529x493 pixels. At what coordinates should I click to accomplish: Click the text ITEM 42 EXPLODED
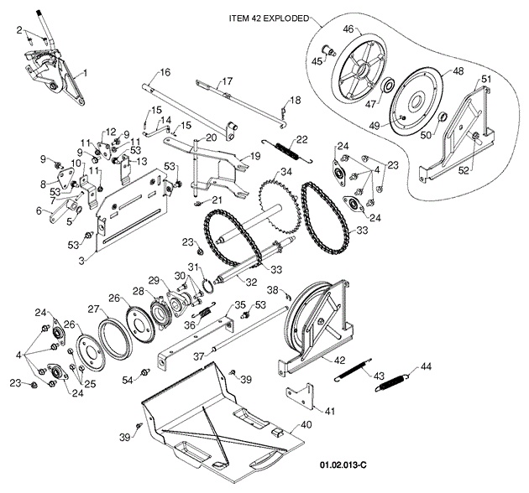(269, 18)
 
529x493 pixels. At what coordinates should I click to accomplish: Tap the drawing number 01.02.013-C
(343, 465)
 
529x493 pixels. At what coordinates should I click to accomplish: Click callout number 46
(348, 29)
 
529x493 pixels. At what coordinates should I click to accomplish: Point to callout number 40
(306, 424)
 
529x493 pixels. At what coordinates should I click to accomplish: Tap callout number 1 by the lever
(85, 72)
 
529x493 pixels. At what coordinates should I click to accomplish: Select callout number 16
(165, 72)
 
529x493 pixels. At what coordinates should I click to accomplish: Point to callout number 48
(458, 70)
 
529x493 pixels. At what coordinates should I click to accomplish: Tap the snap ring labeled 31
(208, 288)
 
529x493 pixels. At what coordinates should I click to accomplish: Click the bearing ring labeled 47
(387, 86)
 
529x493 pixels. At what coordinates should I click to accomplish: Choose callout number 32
(251, 282)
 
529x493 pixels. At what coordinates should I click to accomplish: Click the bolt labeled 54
(145, 371)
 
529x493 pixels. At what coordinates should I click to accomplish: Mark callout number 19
(255, 156)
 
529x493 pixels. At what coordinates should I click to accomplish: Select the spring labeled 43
(353, 370)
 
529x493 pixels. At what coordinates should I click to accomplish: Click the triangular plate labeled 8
(64, 178)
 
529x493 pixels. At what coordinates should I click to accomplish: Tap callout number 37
(199, 356)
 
